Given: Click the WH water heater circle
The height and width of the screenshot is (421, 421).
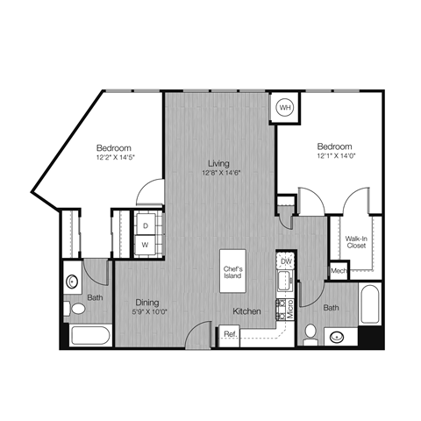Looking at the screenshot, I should pyautogui.click(x=285, y=107).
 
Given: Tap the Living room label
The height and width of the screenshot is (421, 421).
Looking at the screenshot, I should pyautogui.click(x=218, y=163).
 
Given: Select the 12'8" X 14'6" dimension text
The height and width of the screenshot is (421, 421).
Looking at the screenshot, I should pyautogui.click(x=218, y=173).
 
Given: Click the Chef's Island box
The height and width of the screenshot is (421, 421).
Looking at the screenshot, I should pyautogui.click(x=233, y=272).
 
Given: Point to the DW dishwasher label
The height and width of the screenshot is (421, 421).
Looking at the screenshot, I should pyautogui.click(x=285, y=261).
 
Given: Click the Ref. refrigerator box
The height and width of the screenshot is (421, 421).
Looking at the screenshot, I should pyautogui.click(x=230, y=334).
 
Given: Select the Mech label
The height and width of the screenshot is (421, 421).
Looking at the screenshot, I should pyautogui.click(x=339, y=272).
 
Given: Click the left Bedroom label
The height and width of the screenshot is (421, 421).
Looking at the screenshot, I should pyautogui.click(x=114, y=147).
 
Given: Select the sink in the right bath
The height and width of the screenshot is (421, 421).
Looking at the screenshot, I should pyautogui.click(x=335, y=335).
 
